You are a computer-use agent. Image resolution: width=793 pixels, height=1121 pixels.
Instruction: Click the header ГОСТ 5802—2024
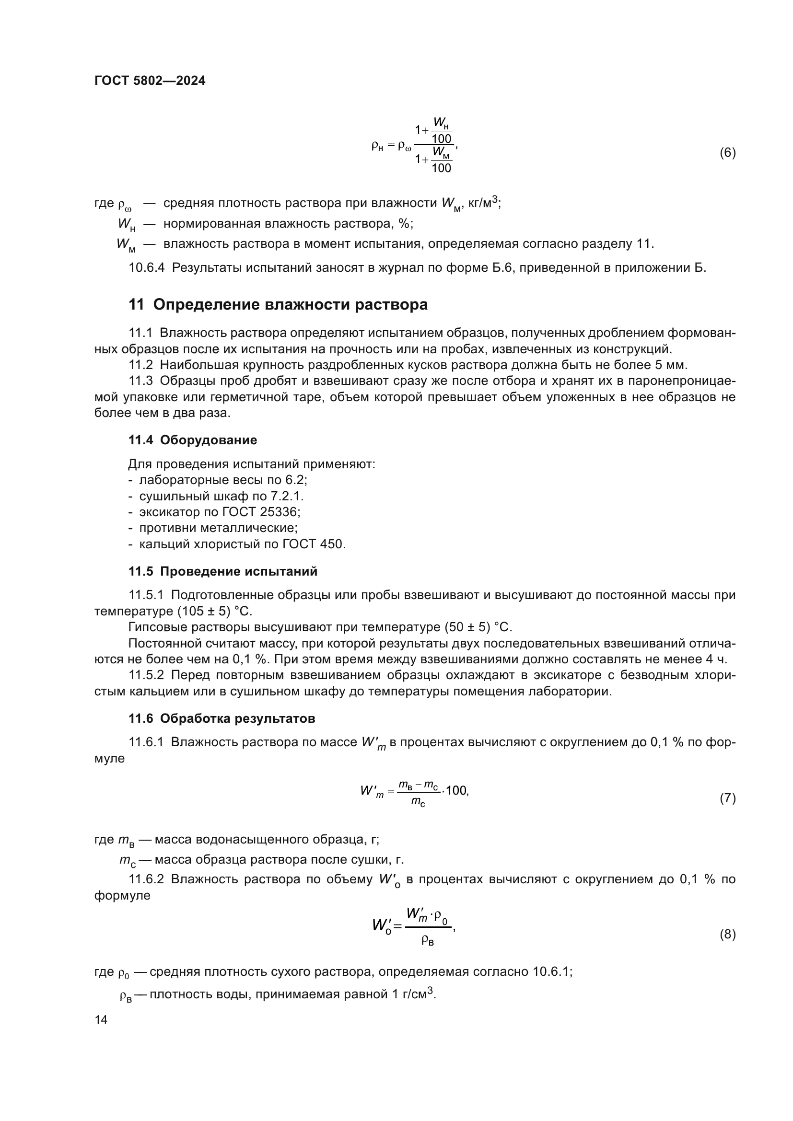pos(150,81)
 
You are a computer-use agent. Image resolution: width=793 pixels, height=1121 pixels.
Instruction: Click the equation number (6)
pos(727,153)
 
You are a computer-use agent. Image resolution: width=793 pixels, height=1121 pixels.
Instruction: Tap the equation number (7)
pos(727,799)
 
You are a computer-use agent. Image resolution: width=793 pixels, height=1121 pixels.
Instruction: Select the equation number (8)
pos(727,935)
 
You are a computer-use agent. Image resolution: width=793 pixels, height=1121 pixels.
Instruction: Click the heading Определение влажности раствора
pos(290,305)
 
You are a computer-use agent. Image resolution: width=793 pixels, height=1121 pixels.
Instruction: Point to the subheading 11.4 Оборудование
pos(192,440)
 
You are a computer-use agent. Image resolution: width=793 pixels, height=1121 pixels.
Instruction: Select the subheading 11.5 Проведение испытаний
pos(222,571)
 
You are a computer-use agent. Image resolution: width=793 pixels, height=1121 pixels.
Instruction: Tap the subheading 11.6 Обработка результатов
pos(222,719)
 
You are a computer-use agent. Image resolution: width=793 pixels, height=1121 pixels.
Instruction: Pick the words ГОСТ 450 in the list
pos(314,544)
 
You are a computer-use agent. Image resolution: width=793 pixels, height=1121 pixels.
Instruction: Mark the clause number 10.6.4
pos(147,268)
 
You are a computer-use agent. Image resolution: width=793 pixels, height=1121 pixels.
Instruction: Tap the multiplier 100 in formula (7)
pos(456,791)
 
